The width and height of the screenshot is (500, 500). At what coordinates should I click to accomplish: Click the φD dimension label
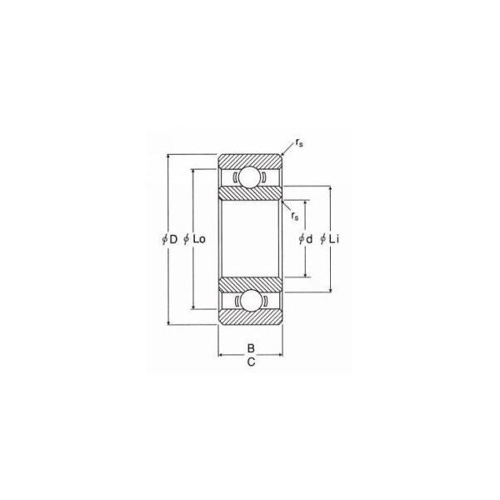(170, 239)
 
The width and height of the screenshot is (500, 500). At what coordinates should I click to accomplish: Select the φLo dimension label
(195, 239)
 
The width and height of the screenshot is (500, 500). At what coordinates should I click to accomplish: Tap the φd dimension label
(306, 239)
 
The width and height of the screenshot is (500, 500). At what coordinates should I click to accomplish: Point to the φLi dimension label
(329, 239)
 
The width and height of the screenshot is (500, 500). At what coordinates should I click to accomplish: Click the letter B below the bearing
(251, 347)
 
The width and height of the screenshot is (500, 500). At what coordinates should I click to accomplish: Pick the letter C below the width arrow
(251, 362)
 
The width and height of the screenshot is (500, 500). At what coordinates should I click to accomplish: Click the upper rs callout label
(299, 142)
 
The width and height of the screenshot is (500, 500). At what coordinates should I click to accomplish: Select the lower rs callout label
(295, 216)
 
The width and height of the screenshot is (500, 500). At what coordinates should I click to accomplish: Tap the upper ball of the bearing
(250, 177)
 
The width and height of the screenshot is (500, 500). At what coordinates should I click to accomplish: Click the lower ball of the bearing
(250, 300)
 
